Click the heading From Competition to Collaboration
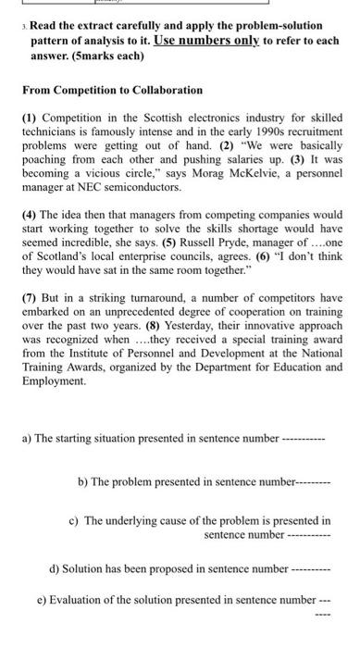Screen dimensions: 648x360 (x=112, y=90)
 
